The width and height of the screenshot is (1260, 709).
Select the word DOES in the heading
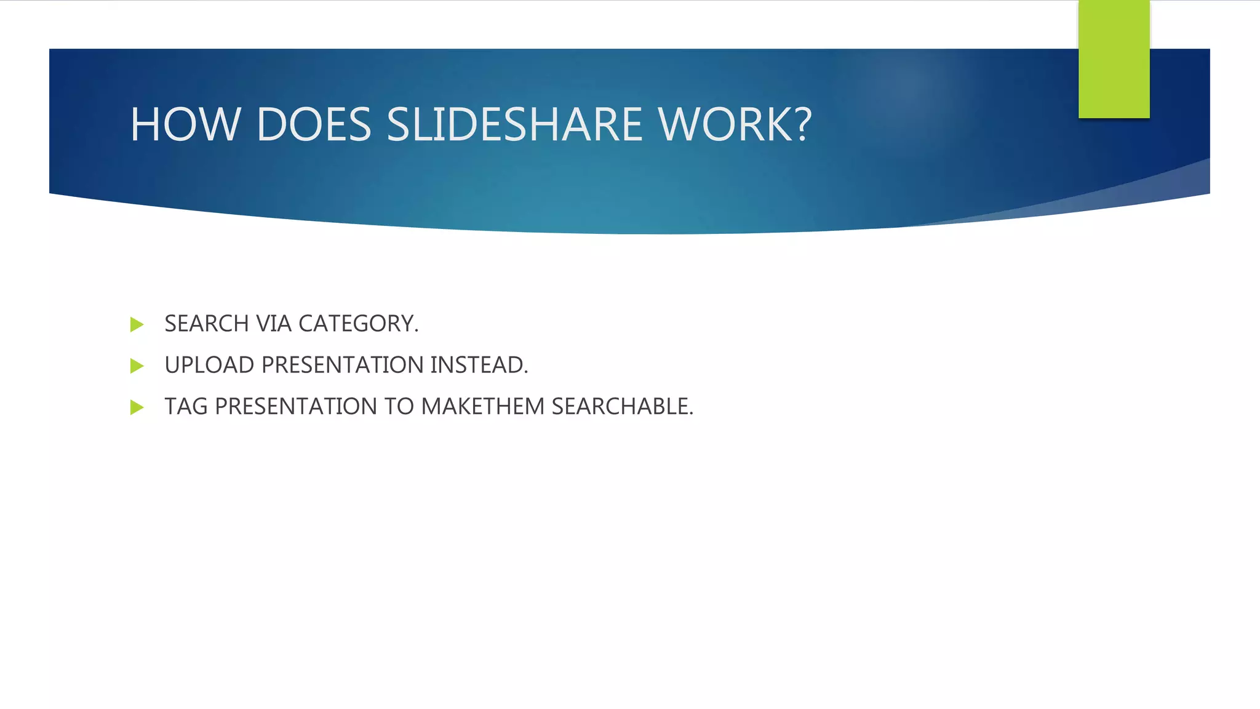coord(314,124)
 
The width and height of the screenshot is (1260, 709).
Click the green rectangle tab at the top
coord(1114,58)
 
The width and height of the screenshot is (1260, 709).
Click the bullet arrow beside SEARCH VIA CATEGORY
coord(137,324)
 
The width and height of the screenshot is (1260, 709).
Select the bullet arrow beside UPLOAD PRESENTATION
coord(137,366)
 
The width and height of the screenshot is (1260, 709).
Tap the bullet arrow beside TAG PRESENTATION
coord(137,407)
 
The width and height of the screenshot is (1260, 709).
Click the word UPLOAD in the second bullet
coord(209,365)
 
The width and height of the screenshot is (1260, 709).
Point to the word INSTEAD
coord(479,365)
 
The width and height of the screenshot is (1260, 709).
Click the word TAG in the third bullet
coord(186,407)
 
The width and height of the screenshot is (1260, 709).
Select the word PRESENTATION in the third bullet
coord(296,407)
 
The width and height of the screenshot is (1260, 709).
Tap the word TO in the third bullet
coord(399,407)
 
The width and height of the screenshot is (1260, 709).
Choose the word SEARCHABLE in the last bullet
coord(621,407)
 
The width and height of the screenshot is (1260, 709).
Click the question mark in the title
coord(802,124)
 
